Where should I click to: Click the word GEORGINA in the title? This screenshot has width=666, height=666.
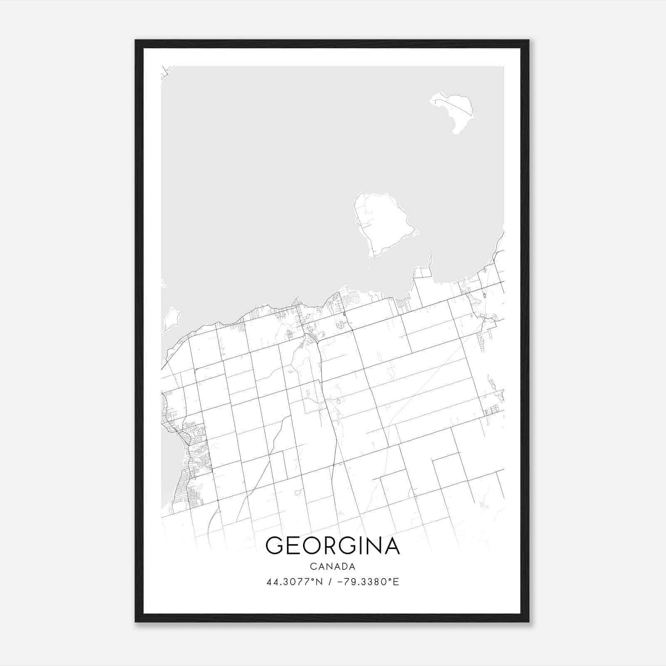point(333,546)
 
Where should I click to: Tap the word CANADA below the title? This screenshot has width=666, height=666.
point(333,567)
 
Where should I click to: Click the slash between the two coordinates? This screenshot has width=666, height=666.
point(330,582)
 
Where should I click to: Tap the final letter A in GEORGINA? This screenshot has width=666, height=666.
point(391,546)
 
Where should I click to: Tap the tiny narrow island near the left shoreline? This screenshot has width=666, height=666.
point(170,320)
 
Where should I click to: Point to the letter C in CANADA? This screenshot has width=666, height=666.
point(312,567)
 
